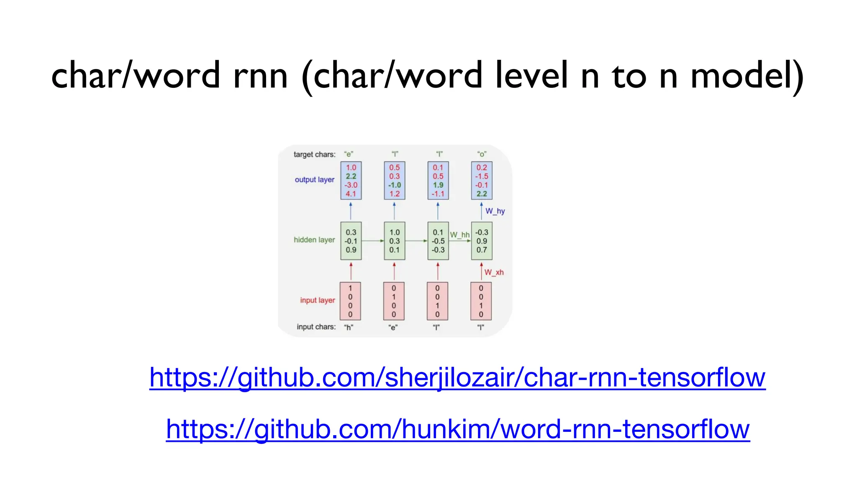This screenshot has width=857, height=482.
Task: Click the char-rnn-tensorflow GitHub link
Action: pos(457,377)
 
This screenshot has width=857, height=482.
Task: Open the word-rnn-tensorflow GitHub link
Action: pos(458,429)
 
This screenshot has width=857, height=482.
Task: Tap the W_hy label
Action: pos(495,211)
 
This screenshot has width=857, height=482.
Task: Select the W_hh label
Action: pos(459,235)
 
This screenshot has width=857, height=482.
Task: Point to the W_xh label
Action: pos(494,272)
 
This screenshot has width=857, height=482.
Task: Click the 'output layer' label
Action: pos(314,180)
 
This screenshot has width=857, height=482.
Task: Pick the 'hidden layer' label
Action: pos(314,240)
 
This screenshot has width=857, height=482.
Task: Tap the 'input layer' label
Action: pos(317,300)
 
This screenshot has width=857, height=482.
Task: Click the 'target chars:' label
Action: pos(314,154)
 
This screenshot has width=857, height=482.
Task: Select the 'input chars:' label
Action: pos(316,327)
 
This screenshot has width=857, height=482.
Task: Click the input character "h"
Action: pos(349,328)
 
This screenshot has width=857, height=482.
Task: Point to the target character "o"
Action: pos(482,154)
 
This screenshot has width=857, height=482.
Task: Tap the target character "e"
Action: pos(349,154)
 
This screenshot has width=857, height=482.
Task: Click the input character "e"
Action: pos(393,328)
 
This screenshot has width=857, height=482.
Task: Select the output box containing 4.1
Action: pos(351,181)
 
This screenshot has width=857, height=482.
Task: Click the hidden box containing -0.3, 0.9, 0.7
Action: pos(482,241)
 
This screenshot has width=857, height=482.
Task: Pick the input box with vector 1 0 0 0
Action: pos(350,301)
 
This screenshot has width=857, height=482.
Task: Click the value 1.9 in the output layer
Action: pos(438,185)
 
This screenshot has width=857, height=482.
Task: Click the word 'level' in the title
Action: pos(531,75)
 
